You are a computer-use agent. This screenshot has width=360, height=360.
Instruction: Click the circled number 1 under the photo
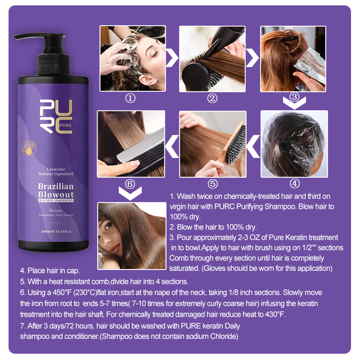point(130,99)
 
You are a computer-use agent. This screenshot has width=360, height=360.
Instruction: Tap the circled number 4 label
point(294,184)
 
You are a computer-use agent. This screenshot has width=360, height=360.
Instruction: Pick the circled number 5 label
point(213,184)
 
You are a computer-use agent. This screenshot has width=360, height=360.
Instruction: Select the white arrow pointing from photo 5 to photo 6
point(172,145)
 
